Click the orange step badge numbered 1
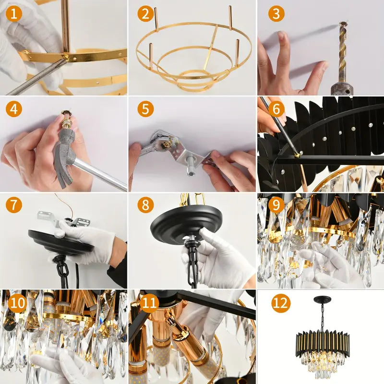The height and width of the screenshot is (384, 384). click(14, 13)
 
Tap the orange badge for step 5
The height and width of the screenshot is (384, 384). click(145, 109)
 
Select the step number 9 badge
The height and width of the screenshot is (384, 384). click(276, 205)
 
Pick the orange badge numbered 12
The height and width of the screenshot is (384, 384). click(281, 303)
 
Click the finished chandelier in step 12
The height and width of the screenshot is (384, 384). click(322, 333)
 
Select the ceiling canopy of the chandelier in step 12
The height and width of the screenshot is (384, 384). click(322, 299)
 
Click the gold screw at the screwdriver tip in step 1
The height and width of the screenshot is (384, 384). click(66, 57)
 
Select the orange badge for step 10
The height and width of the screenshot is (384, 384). click(18, 303)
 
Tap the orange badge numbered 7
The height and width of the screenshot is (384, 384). click(14, 205)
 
